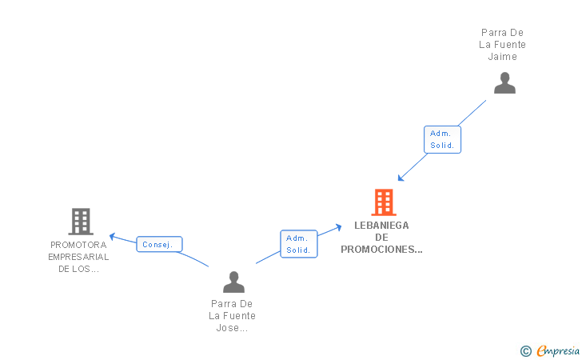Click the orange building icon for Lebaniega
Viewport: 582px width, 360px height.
[384, 202]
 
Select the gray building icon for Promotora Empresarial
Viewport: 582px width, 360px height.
[80, 222]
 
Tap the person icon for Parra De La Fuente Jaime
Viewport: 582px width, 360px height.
[504, 83]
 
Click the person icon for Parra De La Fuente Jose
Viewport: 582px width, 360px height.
[233, 282]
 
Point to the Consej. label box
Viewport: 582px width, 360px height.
[160, 244]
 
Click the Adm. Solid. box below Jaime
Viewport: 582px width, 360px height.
[442, 139]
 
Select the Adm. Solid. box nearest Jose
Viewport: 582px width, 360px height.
[299, 244]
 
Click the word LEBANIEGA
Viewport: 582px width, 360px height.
[381, 226]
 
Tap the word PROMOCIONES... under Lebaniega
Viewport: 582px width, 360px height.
[381, 249]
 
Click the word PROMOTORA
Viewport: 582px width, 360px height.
[78, 245]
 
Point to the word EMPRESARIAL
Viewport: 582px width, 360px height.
[78, 257]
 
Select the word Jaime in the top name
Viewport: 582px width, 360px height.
[503, 57]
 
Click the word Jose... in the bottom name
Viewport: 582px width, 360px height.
[233, 328]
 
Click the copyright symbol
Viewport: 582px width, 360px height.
[525, 350]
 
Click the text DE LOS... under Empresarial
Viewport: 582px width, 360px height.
[78, 269]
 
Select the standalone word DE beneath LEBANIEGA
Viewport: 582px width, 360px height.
[381, 237]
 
